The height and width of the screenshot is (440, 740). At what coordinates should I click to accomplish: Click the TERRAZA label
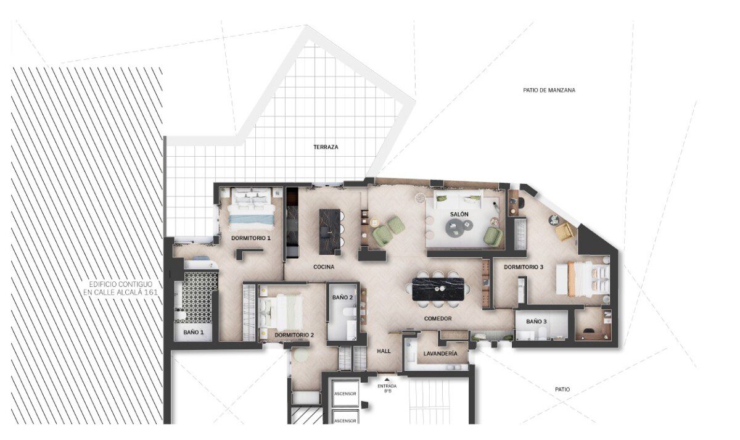(326, 147)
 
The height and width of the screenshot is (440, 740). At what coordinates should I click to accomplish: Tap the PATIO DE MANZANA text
(549, 90)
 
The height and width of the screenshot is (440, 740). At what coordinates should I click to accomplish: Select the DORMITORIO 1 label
(251, 238)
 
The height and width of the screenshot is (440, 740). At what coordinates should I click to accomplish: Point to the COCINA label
(324, 267)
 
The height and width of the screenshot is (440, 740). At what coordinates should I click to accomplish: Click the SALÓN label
(459, 214)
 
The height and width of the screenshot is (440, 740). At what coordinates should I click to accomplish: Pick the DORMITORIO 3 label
(524, 267)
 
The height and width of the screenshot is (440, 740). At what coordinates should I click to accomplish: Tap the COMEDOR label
(438, 318)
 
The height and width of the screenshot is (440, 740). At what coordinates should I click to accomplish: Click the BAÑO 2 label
(343, 297)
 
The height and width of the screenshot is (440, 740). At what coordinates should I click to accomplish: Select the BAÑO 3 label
(536, 322)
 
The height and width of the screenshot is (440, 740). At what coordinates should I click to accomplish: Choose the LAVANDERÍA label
(440, 354)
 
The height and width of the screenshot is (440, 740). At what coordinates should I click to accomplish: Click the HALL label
(384, 351)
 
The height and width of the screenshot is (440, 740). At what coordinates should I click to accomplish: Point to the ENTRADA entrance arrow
(387, 381)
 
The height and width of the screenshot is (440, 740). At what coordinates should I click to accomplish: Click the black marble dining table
(438, 289)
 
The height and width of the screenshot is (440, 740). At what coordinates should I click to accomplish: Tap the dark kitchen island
(330, 232)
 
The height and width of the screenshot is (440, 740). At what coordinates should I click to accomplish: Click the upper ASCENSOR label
(345, 394)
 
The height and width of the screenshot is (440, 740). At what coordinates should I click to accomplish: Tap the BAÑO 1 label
(194, 332)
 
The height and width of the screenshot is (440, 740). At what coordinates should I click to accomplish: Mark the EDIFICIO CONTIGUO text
(121, 284)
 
